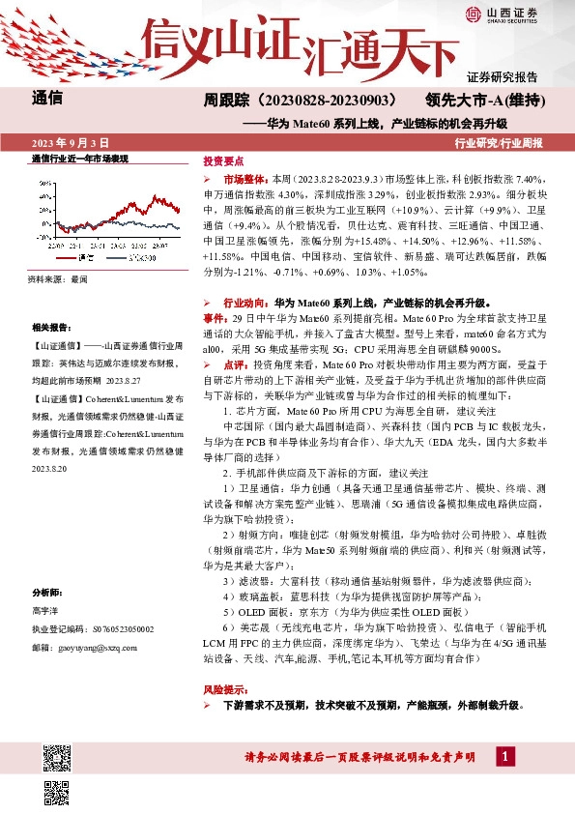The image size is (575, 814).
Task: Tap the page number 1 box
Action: point(504,755)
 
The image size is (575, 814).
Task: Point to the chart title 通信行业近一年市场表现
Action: point(80,158)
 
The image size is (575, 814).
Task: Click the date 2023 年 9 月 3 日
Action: point(70,143)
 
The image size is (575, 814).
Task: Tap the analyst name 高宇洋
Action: point(45,612)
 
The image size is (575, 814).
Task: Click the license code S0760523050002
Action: point(106,628)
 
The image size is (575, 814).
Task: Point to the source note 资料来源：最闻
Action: point(59,278)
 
